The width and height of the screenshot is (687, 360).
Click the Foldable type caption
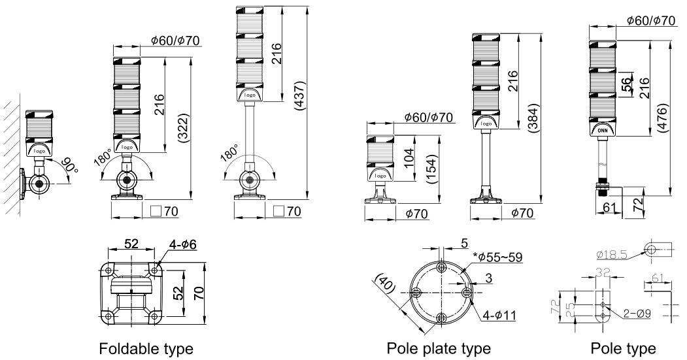tap(146, 347)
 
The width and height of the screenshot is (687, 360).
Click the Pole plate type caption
tap(439, 347)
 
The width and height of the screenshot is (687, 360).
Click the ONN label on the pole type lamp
tap(603, 129)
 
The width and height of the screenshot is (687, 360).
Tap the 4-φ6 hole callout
tap(183, 244)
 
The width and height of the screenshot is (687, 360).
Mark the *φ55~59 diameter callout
tap(495, 257)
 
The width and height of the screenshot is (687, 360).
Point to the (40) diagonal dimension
tap(385, 284)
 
